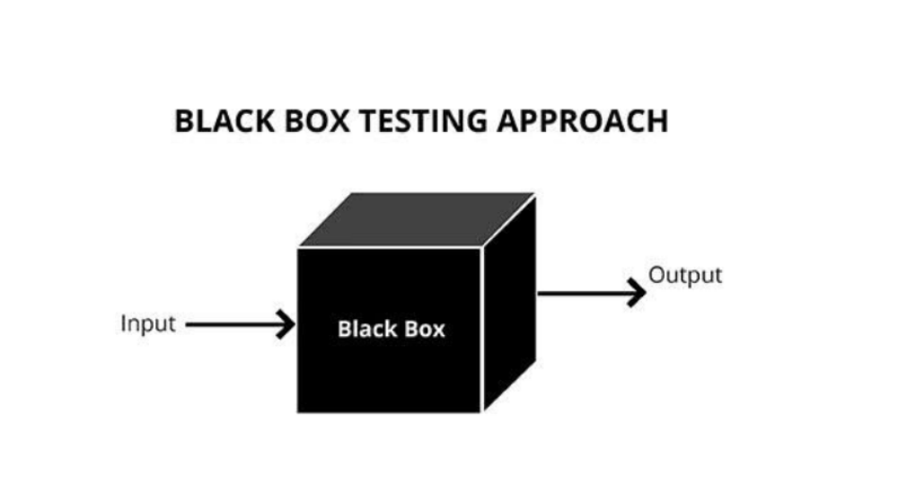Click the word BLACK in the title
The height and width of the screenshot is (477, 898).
coord(224,121)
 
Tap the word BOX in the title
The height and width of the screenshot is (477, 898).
coord(317,121)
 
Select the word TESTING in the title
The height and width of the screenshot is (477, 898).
coord(423,121)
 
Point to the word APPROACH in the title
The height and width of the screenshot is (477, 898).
coord(583,121)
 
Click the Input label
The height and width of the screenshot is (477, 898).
coord(148,324)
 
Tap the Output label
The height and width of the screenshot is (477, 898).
coord(685,276)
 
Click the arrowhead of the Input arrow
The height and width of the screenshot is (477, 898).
coord(286,324)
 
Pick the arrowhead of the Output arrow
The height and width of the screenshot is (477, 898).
coord(637,293)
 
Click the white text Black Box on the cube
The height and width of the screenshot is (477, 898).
coord(392,330)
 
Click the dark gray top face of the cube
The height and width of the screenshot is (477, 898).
coord(418,220)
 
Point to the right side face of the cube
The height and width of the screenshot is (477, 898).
coord(510,303)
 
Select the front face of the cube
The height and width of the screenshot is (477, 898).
coord(390,331)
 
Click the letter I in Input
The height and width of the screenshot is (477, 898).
coord(123,323)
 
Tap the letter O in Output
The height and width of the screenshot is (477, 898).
coord(657,275)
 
